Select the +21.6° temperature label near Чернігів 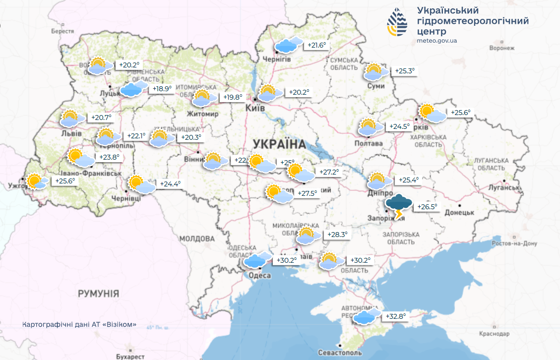click(x=316, y=45)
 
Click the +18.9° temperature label click(x=162, y=89)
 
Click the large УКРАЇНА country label click(x=279, y=144)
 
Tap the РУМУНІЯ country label click(x=98, y=294)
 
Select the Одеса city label click(x=259, y=275)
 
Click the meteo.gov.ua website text click(x=437, y=41)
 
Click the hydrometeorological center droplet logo click(x=398, y=22)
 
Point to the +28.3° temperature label click(x=337, y=235)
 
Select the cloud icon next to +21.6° click(x=288, y=45)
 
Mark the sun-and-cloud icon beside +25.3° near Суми click(x=376, y=72)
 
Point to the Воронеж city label click(x=501, y=48)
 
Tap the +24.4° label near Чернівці click(x=170, y=184)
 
